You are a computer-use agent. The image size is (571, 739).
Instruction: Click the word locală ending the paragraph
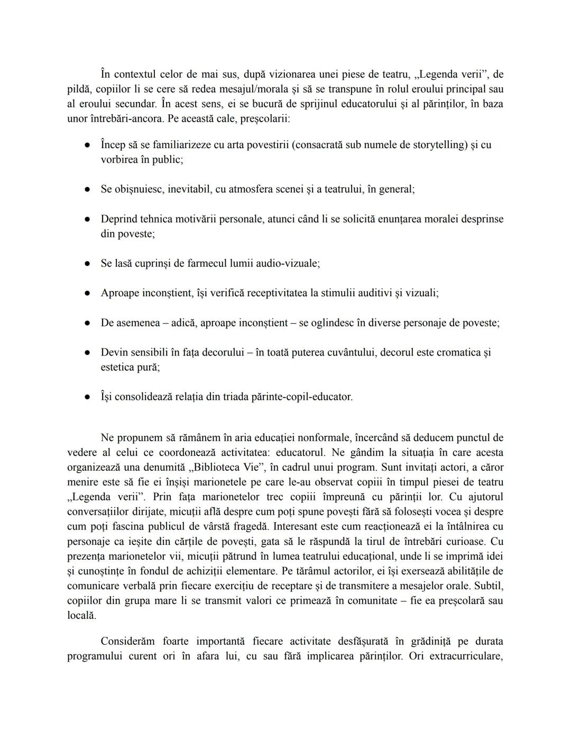pos(81,616)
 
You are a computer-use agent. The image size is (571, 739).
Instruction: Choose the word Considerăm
pos(127,642)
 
